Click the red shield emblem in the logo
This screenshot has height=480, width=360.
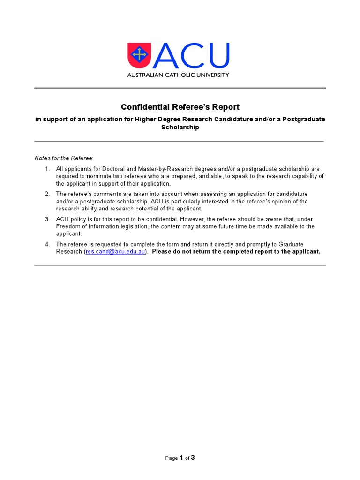pyautogui.click(x=139, y=55)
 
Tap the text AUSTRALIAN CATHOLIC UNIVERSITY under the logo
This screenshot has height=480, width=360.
pyautogui.click(x=179, y=75)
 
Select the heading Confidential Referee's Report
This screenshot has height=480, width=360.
pyautogui.click(x=180, y=107)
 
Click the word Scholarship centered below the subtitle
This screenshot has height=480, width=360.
pyautogui.click(x=180, y=127)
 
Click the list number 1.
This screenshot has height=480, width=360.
pyautogui.click(x=47, y=169)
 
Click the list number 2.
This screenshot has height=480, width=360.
pyautogui.click(x=47, y=194)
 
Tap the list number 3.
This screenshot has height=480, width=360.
pyautogui.click(x=47, y=219)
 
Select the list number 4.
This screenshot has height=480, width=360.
pyautogui.click(x=47, y=244)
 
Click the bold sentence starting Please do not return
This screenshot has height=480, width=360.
pyautogui.click(x=236, y=252)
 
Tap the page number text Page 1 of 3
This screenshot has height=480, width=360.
pyautogui.click(x=180, y=458)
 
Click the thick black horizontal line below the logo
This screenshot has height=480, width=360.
pyautogui.click(x=180, y=88)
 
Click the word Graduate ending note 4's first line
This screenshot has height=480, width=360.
pyautogui.click(x=291, y=244)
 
